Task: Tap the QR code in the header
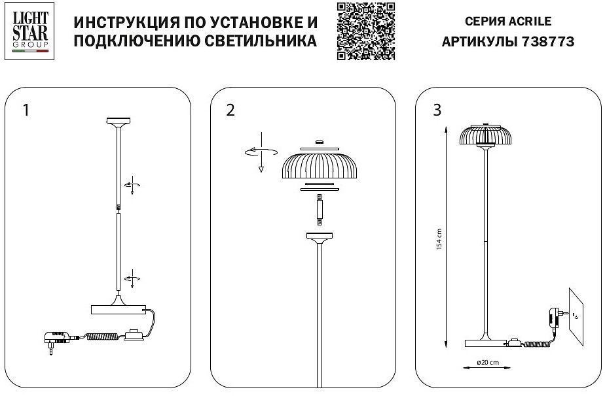click(366, 31)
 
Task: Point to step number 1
click(26, 110)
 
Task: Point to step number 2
click(230, 110)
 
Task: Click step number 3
click(437, 110)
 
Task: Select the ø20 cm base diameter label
click(486, 362)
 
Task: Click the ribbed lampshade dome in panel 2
click(319, 165)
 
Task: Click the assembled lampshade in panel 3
click(485, 133)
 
